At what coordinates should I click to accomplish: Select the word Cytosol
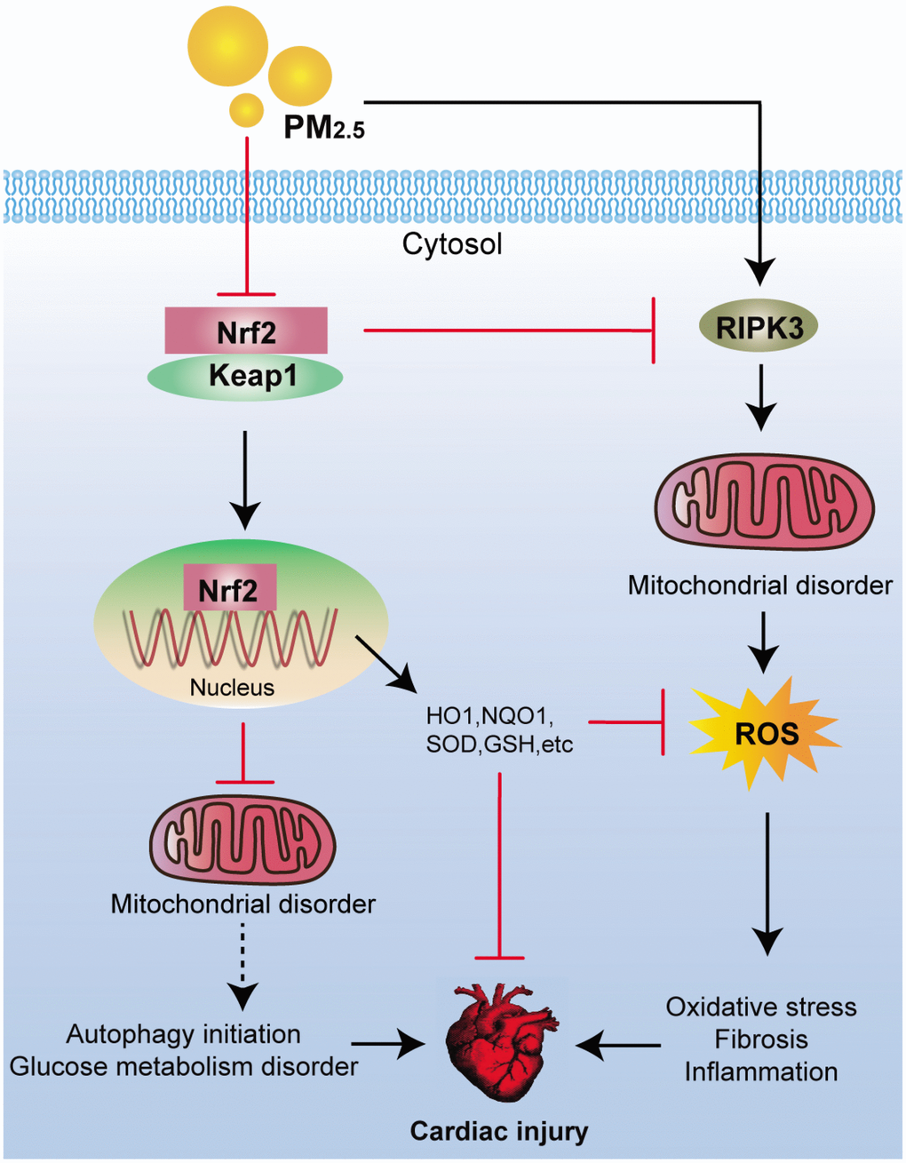tap(452, 243)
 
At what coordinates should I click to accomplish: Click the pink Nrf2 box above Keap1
tap(246, 331)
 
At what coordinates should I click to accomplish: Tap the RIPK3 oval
tap(760, 327)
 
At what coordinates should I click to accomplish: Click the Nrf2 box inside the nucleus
tap(229, 589)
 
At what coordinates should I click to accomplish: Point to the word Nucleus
tap(232, 687)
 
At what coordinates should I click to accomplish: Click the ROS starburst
tap(766, 733)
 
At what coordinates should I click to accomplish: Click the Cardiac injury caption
tap(499, 1131)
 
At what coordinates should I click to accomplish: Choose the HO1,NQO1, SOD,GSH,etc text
tap(500, 729)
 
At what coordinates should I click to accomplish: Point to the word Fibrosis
tap(761, 1039)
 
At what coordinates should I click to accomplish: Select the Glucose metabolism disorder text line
tap(184, 1065)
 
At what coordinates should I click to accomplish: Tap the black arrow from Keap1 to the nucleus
tap(245, 480)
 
